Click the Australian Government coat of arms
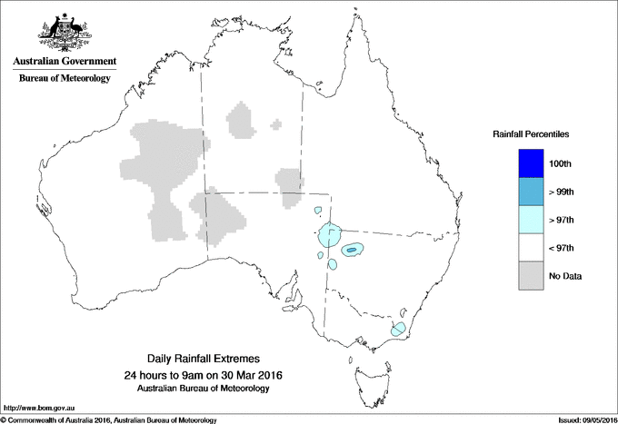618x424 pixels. [64, 31]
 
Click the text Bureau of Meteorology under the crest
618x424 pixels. [64, 79]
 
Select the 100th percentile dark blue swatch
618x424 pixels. [531, 164]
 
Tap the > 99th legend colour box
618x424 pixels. [531, 192]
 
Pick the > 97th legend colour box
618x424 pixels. [531, 220]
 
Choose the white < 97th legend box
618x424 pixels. [531, 247]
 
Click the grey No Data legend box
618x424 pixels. [531, 275]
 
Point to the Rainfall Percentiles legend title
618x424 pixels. [531, 133]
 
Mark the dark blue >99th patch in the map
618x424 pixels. [351, 249]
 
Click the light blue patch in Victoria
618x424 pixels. [397, 330]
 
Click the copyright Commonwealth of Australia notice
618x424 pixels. [109, 419]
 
